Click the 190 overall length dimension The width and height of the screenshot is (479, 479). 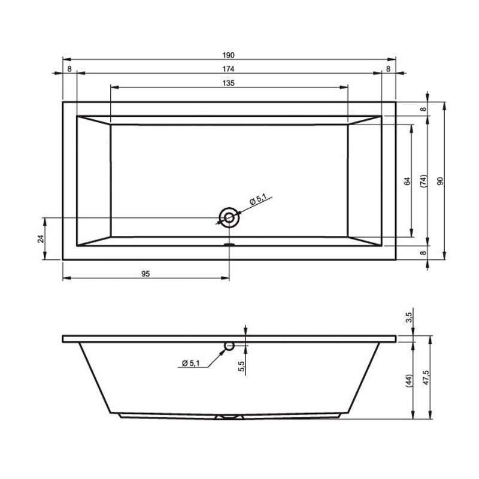pyautogui.click(x=228, y=55)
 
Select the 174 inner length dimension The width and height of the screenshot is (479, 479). pyautogui.click(x=228, y=69)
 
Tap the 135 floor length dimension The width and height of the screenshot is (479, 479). pyautogui.click(x=229, y=83)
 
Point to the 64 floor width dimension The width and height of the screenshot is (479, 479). pyautogui.click(x=407, y=181)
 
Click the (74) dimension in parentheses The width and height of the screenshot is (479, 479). pyautogui.click(x=423, y=181)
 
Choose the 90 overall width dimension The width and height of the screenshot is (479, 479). pyautogui.click(x=440, y=181)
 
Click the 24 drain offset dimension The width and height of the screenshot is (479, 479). pyautogui.click(x=41, y=238)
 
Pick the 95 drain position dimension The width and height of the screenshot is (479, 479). pyautogui.click(x=145, y=274)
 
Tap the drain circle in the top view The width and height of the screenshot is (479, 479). pyautogui.click(x=229, y=218)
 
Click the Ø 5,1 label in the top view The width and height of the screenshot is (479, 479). pyautogui.click(x=259, y=200)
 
